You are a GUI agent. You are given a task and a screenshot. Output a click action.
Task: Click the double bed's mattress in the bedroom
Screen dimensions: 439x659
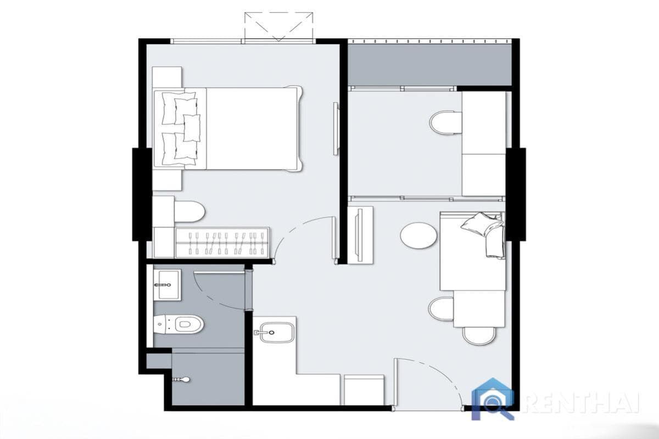pyautogui.click(x=250, y=128)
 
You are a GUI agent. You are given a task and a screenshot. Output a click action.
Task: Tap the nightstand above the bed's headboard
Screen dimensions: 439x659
pyautogui.click(x=167, y=77)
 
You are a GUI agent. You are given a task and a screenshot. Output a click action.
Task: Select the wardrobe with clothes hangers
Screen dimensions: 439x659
pyautogui.click(x=222, y=243)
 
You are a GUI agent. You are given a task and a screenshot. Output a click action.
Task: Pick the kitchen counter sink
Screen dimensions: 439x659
pyautogui.click(x=275, y=332)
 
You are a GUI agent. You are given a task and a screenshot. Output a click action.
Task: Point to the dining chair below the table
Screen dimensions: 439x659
pyautogui.click(x=479, y=335)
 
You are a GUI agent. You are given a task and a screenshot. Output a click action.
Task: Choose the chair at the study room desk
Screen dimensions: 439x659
pyautogui.click(x=445, y=122)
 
